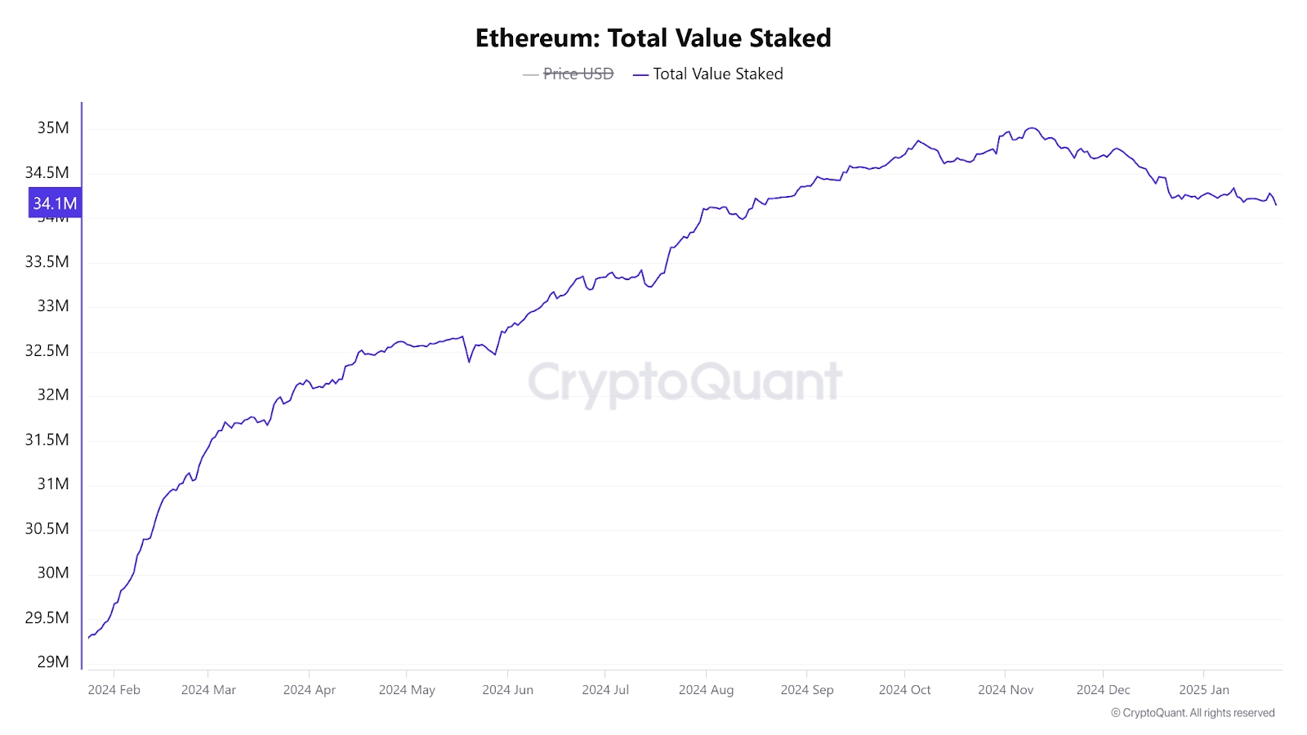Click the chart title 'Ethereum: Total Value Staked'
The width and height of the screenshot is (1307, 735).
[x=653, y=38]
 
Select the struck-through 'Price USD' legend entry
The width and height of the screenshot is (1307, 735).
[x=578, y=74]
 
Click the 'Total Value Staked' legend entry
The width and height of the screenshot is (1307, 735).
[x=717, y=74]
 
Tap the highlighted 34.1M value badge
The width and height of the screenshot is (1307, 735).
[x=55, y=203]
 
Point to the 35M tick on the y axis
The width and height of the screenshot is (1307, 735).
[x=53, y=128]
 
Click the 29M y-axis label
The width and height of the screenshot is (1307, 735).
[x=53, y=662]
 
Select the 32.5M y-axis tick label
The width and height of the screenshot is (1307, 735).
[x=47, y=351]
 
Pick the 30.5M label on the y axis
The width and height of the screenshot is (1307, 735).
[x=47, y=529]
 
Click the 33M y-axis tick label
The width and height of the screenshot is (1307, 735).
[x=53, y=306]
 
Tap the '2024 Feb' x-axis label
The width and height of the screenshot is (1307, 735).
[x=114, y=690]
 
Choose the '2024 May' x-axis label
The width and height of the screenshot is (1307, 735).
[x=407, y=690]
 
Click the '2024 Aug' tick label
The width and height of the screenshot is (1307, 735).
[x=706, y=690]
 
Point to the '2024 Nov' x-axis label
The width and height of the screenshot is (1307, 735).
[x=1006, y=690]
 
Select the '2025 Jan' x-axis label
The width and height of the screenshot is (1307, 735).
[x=1203, y=690]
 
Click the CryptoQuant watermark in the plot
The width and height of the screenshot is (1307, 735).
[x=685, y=382]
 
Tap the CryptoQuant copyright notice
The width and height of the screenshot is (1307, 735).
[x=1193, y=713]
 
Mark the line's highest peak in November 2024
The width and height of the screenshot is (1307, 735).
[x=1032, y=128]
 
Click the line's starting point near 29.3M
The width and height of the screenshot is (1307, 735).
[x=88, y=638]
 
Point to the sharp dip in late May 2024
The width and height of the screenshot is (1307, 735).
[x=469, y=362]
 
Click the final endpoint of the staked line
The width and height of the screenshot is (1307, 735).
[x=1276, y=204]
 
